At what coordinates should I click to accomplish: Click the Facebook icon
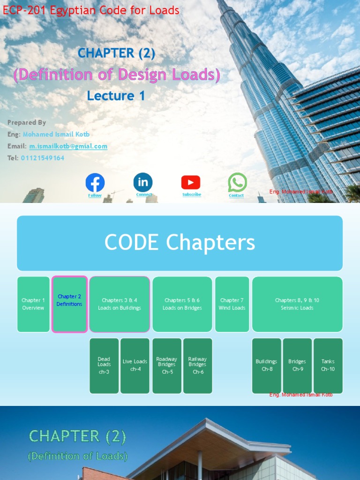click(x=95, y=183)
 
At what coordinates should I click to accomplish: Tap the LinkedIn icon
click(x=143, y=182)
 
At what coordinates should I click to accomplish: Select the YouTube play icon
click(x=191, y=182)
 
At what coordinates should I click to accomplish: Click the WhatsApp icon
click(x=237, y=182)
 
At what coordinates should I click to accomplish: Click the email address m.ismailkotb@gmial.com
click(x=68, y=146)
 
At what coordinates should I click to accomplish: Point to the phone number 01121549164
click(x=43, y=158)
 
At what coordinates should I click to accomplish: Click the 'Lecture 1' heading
click(x=116, y=96)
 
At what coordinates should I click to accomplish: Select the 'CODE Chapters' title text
click(x=180, y=243)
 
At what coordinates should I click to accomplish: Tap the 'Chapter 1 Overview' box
click(x=33, y=304)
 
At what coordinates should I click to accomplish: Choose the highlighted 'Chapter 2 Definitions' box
click(x=69, y=304)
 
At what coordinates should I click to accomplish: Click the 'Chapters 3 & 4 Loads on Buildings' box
click(x=120, y=304)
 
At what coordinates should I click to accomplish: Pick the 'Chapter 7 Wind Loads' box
click(x=232, y=304)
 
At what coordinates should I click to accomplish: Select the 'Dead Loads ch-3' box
click(x=104, y=366)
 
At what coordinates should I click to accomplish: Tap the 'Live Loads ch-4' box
click(x=135, y=366)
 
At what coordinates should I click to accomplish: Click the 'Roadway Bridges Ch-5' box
click(x=167, y=366)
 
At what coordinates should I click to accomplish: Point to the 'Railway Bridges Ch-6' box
click(x=197, y=366)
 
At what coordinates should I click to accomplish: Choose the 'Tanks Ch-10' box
click(x=328, y=366)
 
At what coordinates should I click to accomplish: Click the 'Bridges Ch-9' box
click(x=297, y=366)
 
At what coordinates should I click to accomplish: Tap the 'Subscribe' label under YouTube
click(x=192, y=195)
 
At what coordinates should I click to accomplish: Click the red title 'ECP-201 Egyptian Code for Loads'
click(x=91, y=10)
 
